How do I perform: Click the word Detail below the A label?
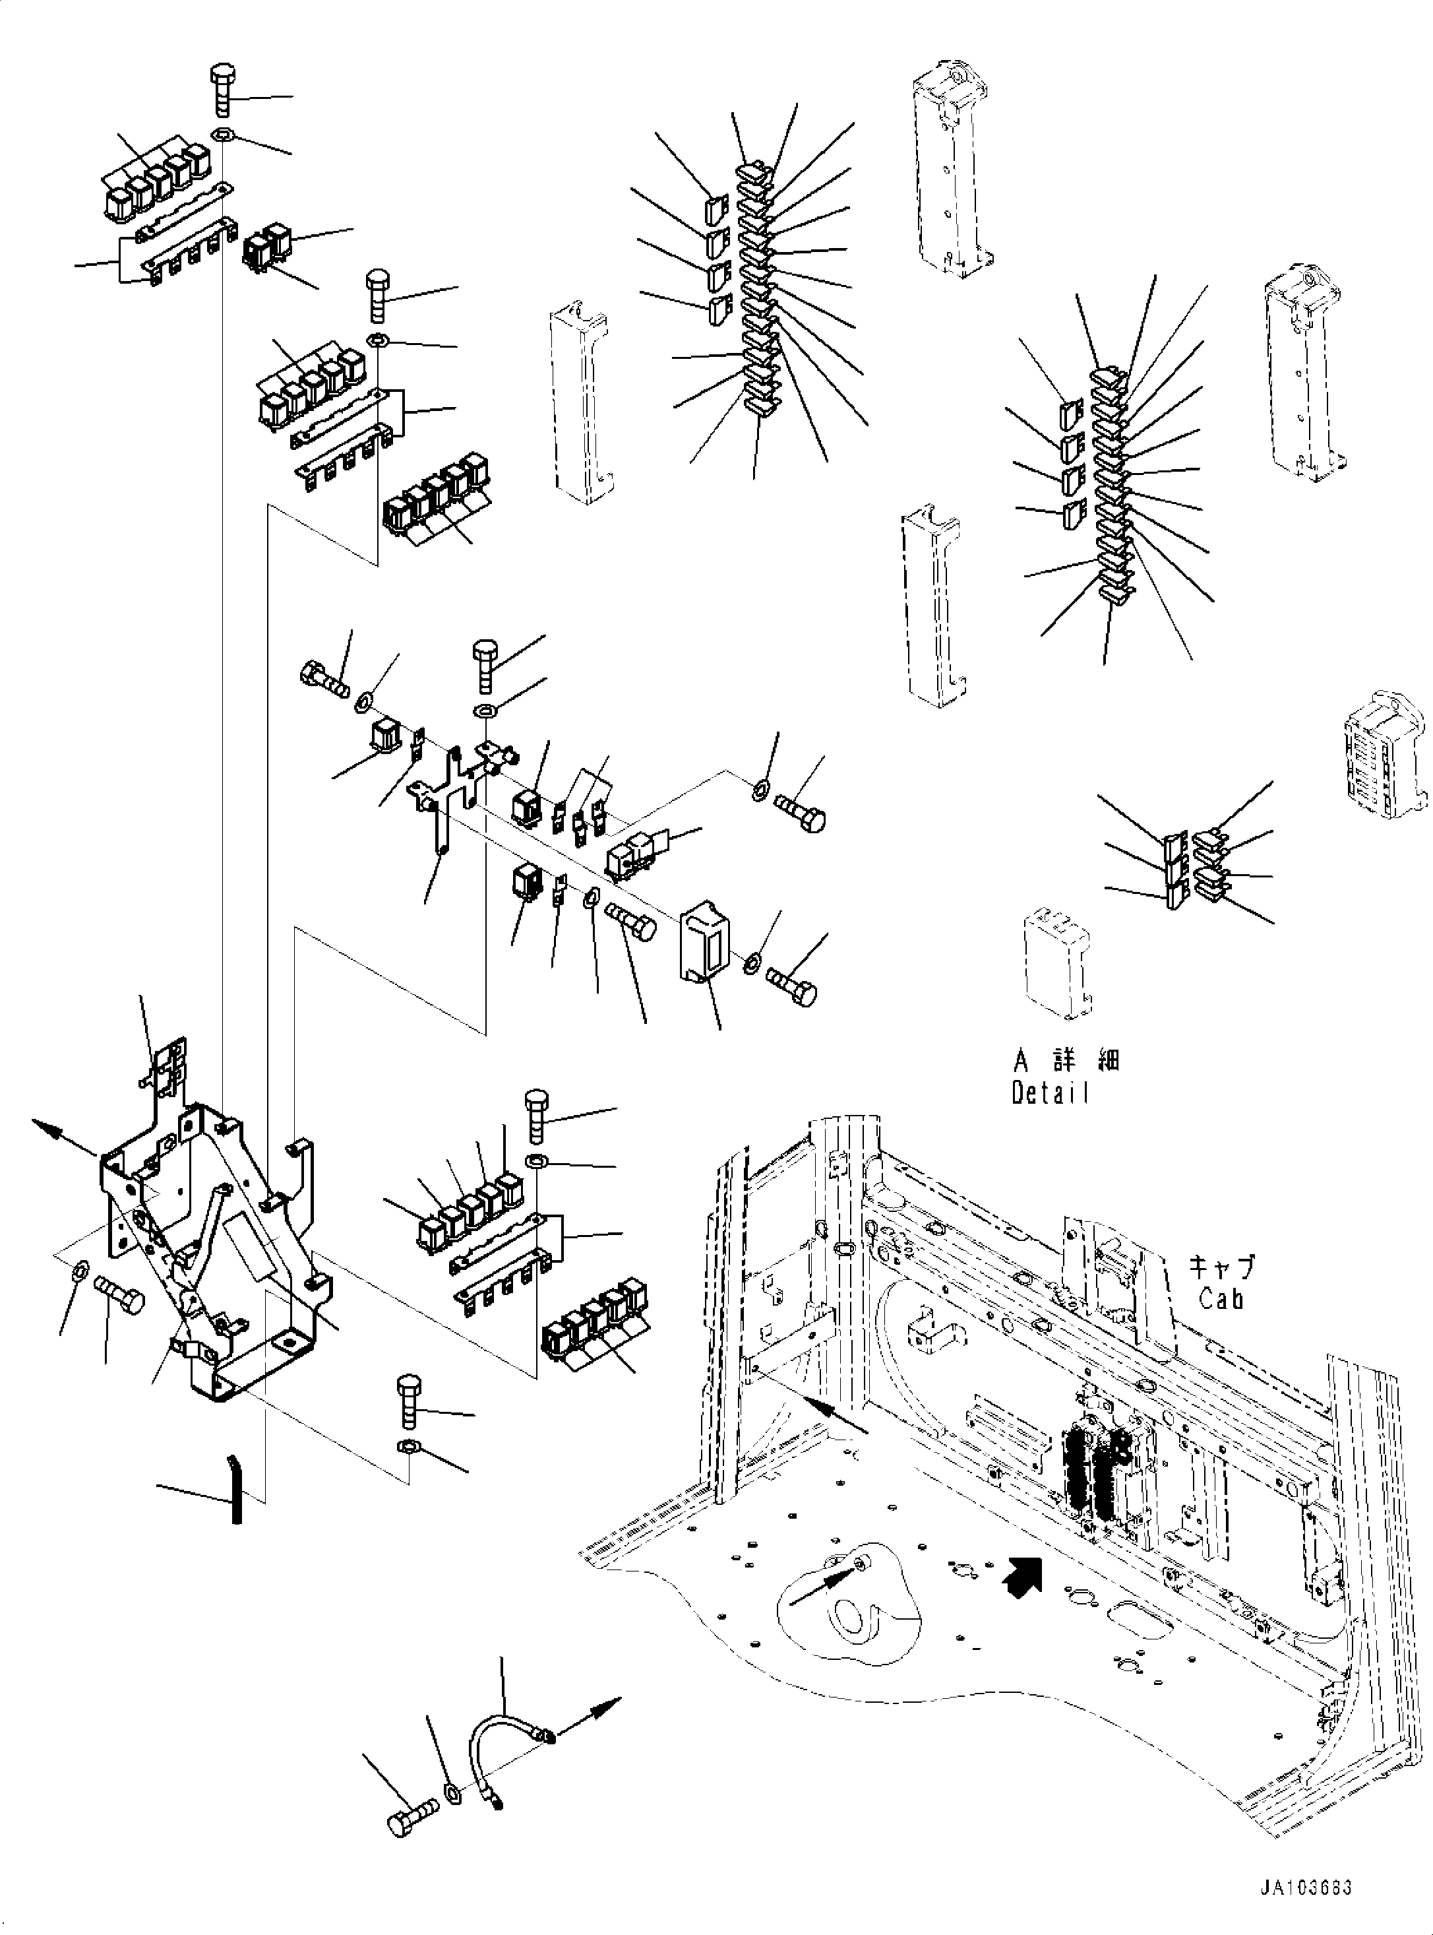(x=1050, y=1093)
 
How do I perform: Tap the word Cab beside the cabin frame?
(x=1221, y=1298)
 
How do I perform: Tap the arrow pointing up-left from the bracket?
(x=52, y=1132)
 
